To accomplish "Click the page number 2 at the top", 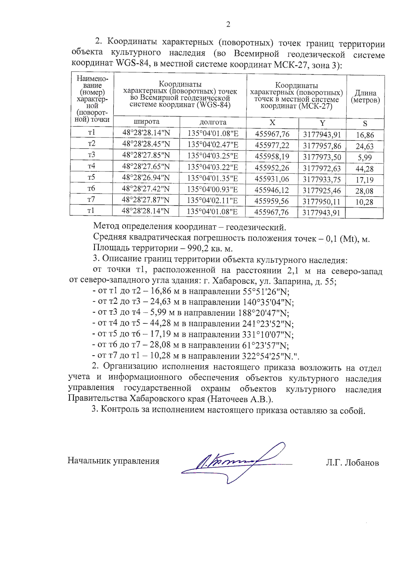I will pyautogui.click(x=228, y=24).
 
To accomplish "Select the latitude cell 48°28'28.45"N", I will pyautogui.click(x=146, y=144).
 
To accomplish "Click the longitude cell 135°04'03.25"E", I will pyautogui.click(x=213, y=156).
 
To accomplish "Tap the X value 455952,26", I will pyautogui.click(x=272, y=168).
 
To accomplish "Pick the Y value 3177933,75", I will pyautogui.click(x=322, y=179).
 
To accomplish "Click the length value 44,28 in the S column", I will pyautogui.click(x=364, y=169).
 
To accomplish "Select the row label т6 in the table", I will pyautogui.click(x=91, y=188).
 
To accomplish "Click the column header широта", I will pyautogui.click(x=146, y=122).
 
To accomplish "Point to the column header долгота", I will pyautogui.click(x=213, y=122).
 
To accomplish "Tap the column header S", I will pyautogui.click(x=365, y=124).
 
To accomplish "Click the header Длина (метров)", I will pyautogui.click(x=365, y=97).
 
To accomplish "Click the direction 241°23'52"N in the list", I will pyautogui.click(x=266, y=324).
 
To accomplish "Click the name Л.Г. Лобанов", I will pyautogui.click(x=352, y=462).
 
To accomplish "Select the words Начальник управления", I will pyautogui.click(x=113, y=461).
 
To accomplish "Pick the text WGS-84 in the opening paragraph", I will pyautogui.click(x=132, y=63).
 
